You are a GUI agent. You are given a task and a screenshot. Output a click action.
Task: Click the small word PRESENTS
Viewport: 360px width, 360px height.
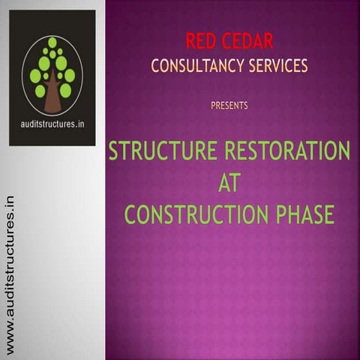[229, 106]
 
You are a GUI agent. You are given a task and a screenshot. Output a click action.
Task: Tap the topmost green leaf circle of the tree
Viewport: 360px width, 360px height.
[52, 43]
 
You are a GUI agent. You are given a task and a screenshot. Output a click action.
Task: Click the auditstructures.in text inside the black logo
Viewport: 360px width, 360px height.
[52, 125]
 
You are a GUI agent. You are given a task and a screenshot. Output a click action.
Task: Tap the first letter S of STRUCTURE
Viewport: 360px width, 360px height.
[114, 151]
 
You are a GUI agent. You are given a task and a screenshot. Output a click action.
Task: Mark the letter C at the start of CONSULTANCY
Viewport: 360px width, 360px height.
[155, 66]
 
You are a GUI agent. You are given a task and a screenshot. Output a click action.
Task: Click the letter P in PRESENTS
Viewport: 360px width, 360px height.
[214, 106]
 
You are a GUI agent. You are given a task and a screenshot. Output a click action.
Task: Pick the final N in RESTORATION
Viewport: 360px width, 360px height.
[342, 151]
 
